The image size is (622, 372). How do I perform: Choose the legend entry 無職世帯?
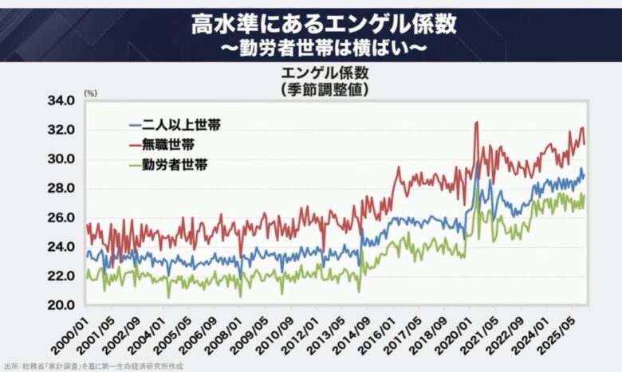[x=161, y=146]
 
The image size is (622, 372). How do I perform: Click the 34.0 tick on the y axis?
[x=61, y=101]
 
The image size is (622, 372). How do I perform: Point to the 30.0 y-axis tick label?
[x=61, y=159]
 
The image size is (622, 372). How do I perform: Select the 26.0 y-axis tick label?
[x=61, y=218]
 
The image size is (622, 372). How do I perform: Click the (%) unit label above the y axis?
[x=90, y=93]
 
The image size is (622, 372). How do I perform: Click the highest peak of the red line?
[x=476, y=122]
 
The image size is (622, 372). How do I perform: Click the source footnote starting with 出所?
[x=94, y=366]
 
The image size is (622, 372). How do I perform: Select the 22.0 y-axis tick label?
[x=61, y=276]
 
